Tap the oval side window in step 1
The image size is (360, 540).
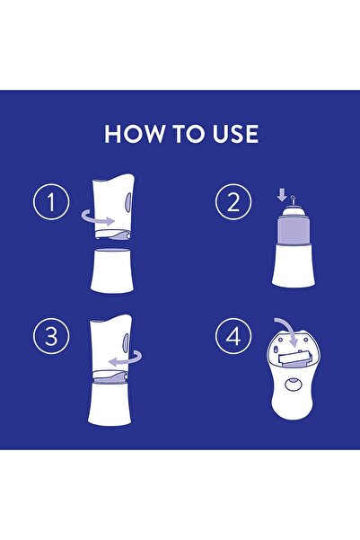point(128,206)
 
